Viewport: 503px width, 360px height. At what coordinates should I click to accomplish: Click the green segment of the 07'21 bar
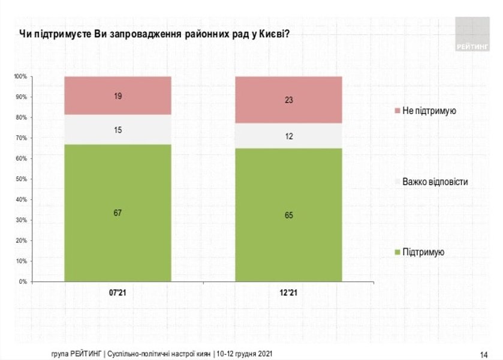point(118,240)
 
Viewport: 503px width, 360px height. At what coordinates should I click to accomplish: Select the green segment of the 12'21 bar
point(288,240)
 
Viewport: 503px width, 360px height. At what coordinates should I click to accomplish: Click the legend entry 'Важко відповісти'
point(435,181)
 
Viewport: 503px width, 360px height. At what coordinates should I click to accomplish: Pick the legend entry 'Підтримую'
point(423,253)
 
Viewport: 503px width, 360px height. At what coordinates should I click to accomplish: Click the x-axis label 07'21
point(118,293)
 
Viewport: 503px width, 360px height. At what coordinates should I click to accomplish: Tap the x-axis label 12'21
point(288,293)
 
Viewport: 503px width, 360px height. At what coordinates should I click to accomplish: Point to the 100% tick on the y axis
point(21,77)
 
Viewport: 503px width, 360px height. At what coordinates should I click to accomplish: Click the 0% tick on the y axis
point(23,281)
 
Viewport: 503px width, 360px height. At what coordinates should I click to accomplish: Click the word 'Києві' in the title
point(273,34)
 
